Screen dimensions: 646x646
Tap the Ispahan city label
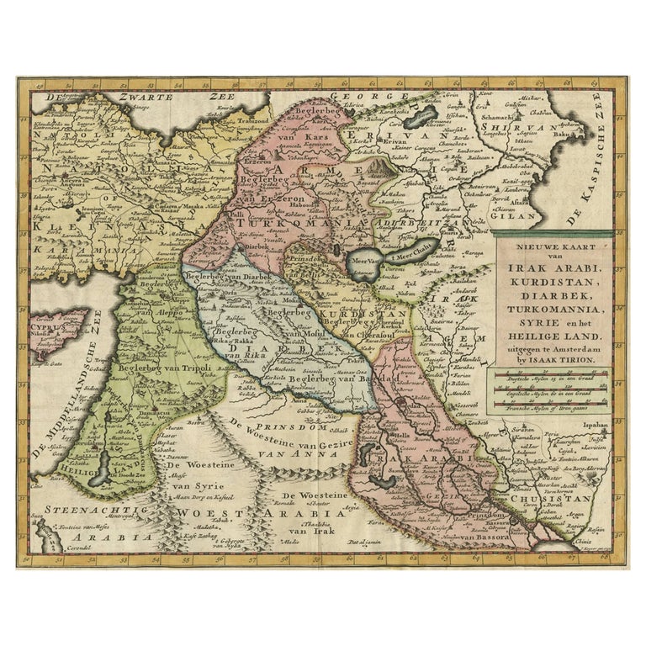588,426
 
